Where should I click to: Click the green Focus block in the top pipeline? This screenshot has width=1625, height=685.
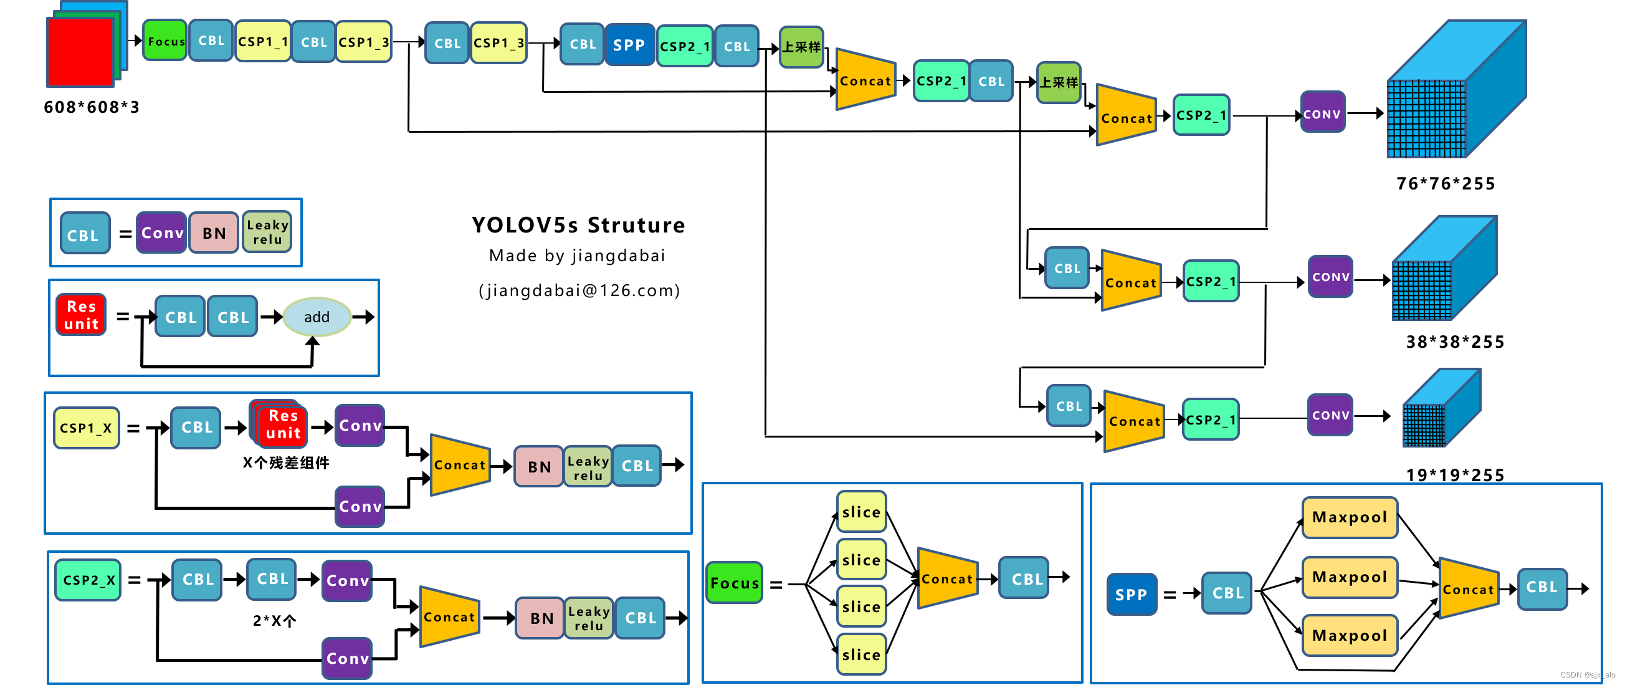164,41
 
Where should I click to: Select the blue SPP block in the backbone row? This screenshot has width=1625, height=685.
628,45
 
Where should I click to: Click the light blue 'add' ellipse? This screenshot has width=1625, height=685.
317,317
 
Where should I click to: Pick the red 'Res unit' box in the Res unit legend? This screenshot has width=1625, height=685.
82,315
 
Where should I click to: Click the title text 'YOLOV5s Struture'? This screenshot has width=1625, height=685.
578,225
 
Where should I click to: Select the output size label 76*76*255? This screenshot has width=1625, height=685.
1445,183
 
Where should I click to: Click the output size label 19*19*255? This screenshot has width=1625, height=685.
1454,474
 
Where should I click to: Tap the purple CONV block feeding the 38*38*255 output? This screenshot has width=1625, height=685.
1330,277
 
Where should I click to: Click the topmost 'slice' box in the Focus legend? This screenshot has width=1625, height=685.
861,512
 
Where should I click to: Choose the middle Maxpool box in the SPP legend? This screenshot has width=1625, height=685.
1350,577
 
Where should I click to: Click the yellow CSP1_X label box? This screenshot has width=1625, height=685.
87,428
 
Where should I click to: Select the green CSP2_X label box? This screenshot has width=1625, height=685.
88,580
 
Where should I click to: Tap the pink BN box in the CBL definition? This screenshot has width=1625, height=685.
214,232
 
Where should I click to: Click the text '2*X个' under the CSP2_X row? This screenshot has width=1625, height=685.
274,620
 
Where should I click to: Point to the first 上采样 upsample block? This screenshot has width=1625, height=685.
801,47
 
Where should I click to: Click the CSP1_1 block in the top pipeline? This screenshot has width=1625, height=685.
262,42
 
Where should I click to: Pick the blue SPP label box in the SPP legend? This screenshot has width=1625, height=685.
1131,593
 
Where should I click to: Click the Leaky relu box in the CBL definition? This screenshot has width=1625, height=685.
267,232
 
